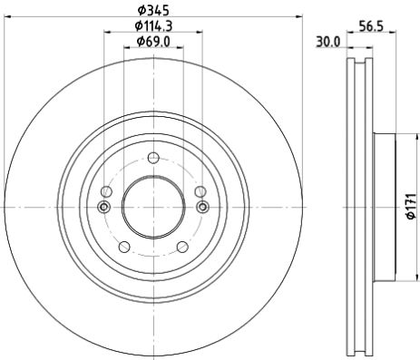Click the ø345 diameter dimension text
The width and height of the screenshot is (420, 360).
click(x=151, y=12)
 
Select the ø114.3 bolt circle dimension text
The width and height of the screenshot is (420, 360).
click(x=151, y=27)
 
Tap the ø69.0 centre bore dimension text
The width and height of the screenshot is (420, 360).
click(x=151, y=43)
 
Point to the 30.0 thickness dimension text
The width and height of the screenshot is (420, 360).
click(x=327, y=42)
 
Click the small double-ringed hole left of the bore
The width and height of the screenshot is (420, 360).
click(x=103, y=208)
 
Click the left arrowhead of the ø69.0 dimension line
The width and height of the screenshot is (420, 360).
click(x=124, y=50)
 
